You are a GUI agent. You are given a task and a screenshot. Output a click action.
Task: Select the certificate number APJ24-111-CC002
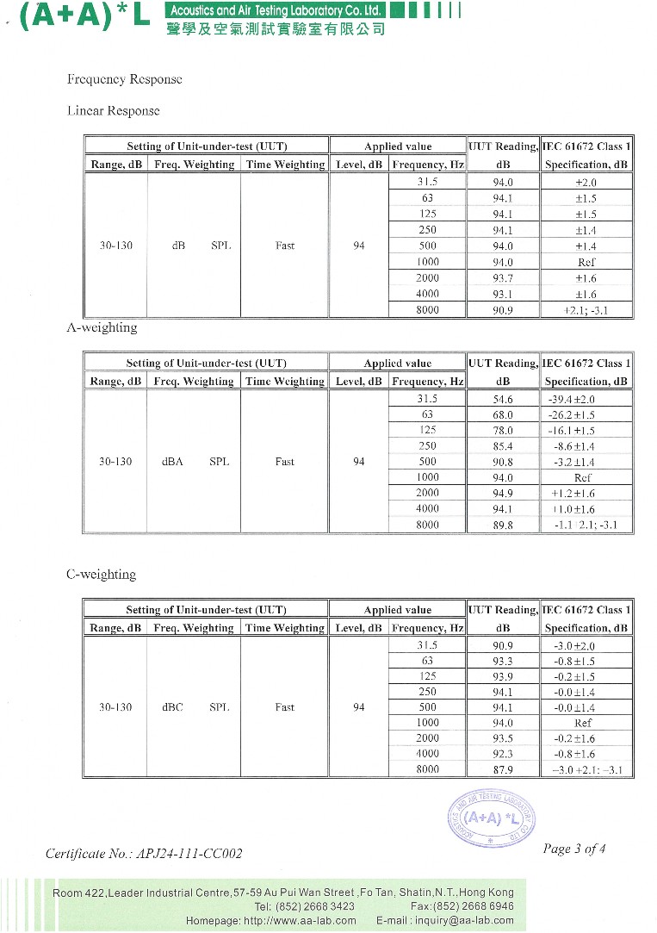pos(144,854)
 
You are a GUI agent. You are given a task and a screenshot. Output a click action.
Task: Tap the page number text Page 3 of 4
pos(574,849)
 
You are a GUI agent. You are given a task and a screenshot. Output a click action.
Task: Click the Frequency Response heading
pos(124,79)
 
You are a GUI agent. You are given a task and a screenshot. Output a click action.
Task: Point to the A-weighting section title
pos(102,327)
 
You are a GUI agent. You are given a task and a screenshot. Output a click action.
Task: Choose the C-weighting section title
pos(101,574)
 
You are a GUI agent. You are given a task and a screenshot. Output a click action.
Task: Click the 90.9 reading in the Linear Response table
pos(503,310)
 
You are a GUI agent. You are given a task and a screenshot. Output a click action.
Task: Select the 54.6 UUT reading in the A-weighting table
pos(503,399)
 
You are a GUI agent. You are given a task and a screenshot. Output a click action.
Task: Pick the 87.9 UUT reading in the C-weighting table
pos(503,769)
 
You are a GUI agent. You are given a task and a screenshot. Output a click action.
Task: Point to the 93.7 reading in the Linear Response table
pos(503,278)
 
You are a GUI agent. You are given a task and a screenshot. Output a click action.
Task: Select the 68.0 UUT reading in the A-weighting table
pos(503,414)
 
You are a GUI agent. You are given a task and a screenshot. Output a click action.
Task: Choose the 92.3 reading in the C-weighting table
pos(503,754)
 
